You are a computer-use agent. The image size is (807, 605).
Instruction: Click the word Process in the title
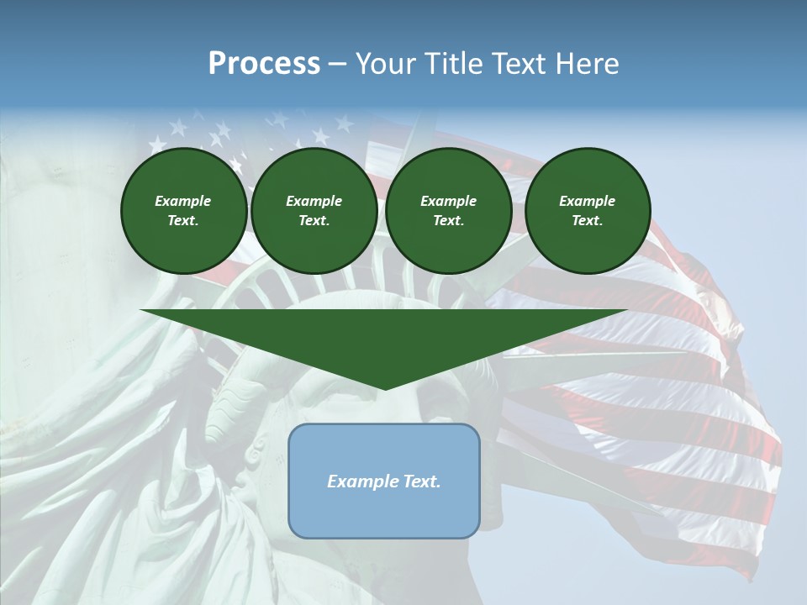point(264,64)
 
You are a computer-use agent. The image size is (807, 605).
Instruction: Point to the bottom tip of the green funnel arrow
point(384,388)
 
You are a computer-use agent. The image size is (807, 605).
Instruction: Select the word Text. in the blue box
point(420,481)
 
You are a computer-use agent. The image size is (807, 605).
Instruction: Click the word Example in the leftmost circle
point(183,201)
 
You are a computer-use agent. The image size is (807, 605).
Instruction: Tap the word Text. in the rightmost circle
point(587,220)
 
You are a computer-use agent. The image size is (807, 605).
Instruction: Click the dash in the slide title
point(337,64)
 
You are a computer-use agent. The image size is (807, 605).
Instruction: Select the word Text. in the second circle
point(314,220)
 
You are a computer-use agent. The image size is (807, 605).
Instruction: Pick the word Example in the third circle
point(448,201)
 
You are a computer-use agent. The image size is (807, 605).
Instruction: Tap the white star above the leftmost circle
point(178,128)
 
